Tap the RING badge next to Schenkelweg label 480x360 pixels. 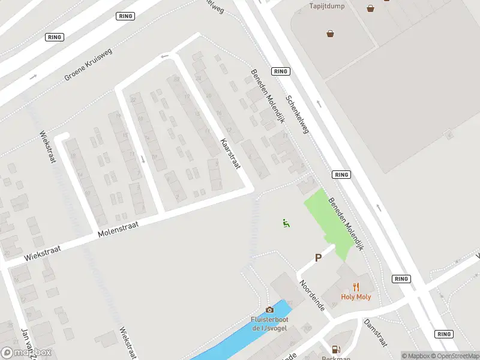pos(281,71)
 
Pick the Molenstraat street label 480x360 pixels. pos(118,229)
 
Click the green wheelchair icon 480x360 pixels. pos(286,224)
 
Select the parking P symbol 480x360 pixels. pos(319,257)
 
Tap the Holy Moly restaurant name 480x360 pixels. pos(356,296)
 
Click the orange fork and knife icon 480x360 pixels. pos(356,286)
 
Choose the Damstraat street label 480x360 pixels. pos(375,332)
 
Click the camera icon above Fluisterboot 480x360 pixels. pos(269,310)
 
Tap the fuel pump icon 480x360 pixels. pos(336,349)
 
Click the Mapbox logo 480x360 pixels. pos(26,353)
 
